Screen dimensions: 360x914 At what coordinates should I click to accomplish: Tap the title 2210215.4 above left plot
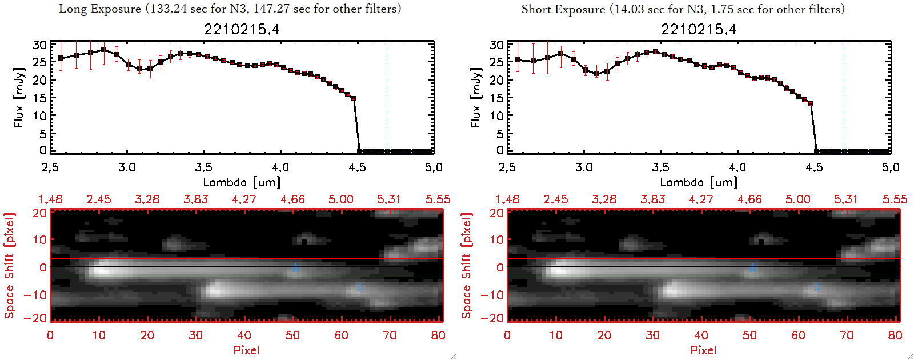242,29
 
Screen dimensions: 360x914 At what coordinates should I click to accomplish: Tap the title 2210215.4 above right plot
699,29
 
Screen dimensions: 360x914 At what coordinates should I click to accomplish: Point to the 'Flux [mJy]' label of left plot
19,97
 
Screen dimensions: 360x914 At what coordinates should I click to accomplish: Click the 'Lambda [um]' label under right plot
699,182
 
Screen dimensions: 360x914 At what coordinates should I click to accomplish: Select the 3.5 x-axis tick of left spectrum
203,167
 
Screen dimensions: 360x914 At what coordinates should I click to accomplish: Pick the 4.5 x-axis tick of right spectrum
814,167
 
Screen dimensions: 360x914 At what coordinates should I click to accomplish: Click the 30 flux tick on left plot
39,45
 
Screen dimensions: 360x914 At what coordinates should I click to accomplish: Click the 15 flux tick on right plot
496,98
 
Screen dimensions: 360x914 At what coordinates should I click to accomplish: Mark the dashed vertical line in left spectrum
388,97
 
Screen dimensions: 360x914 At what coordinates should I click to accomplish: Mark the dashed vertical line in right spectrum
845,97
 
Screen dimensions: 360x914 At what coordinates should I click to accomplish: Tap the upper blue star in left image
296,267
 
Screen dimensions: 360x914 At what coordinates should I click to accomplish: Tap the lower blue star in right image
817,287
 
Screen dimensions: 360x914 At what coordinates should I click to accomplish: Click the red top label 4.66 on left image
292,199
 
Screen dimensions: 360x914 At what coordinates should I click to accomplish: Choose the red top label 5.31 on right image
846,199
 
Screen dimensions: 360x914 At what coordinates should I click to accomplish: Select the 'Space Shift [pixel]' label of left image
9,266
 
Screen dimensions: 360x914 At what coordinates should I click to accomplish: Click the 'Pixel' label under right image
703,350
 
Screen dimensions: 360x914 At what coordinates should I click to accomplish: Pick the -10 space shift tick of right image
492,294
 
